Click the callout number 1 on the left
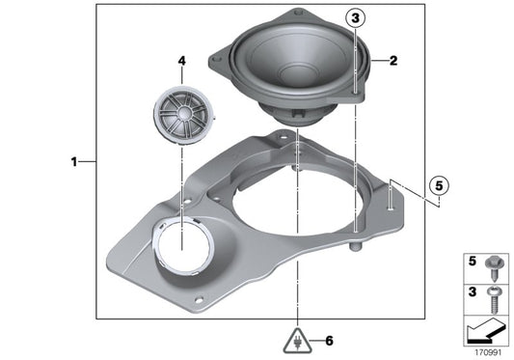74,162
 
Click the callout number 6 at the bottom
329,341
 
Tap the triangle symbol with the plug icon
299,340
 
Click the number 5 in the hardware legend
473,261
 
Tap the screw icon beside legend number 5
494,261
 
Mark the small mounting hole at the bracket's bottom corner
200,298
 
